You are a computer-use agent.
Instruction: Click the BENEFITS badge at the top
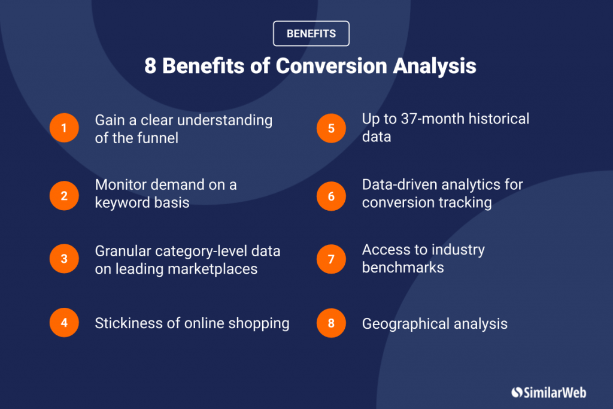tap(311, 34)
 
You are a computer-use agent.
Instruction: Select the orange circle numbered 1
tap(64, 128)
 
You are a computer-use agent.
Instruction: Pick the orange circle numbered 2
tap(64, 196)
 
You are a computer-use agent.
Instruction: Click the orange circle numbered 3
tap(64, 259)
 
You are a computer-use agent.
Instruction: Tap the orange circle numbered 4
tap(64, 323)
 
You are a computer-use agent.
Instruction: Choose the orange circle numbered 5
tap(331, 128)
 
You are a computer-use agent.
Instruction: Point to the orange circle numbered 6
tap(331, 196)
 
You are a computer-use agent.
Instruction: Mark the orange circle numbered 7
tap(331, 259)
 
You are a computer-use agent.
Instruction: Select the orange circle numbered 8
tap(331, 323)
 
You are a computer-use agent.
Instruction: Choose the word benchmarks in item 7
tap(403, 267)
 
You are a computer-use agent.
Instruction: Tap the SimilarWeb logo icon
tap(517, 392)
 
